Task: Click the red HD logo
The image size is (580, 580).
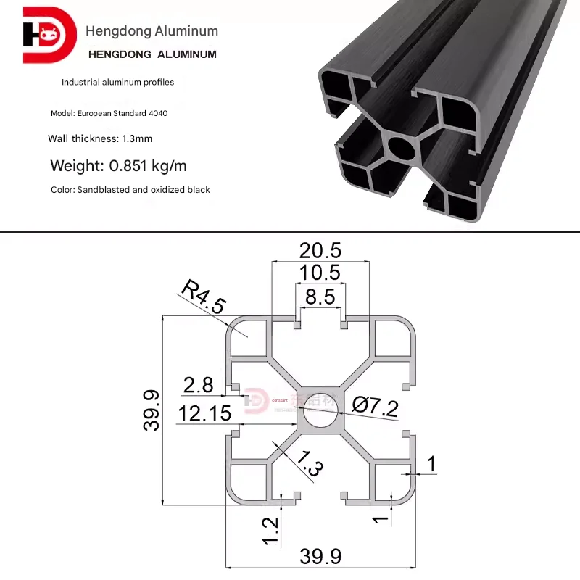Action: click(x=49, y=34)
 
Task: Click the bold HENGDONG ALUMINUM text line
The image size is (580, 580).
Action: click(x=152, y=54)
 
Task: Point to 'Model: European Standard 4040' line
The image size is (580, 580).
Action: click(x=109, y=114)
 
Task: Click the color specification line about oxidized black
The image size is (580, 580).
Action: click(x=130, y=190)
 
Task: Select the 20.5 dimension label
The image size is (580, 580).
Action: click(x=320, y=251)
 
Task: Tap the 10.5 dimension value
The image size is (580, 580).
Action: click(x=320, y=273)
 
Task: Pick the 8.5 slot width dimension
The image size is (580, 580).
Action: click(x=320, y=296)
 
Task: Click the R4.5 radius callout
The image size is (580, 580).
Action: click(x=202, y=296)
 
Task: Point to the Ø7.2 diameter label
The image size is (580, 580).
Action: click(x=376, y=406)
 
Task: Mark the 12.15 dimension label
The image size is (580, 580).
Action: click(x=205, y=413)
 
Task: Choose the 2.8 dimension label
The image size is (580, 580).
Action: click(x=199, y=385)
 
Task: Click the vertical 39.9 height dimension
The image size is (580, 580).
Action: click(x=152, y=410)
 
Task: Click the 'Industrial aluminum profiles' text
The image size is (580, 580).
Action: click(x=117, y=83)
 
